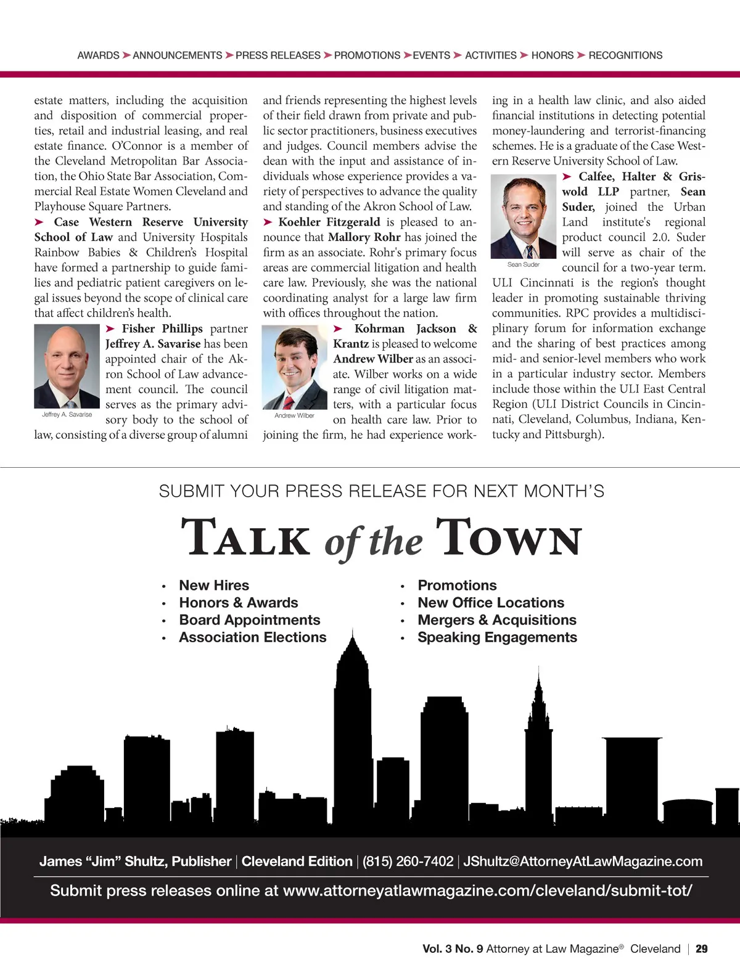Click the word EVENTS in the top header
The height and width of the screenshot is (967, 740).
click(431, 55)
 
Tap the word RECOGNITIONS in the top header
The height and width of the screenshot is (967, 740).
click(625, 55)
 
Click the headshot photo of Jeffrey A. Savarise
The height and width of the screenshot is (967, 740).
click(67, 366)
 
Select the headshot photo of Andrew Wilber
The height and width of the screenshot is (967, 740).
click(295, 367)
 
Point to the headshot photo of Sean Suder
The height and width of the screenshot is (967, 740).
click(524, 217)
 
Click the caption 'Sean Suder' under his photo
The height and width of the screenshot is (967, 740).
click(524, 264)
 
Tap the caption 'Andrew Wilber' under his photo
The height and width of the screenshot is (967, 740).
click(294, 415)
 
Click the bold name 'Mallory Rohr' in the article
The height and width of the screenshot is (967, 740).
click(364, 237)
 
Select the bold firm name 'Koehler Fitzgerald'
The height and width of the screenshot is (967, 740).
click(329, 222)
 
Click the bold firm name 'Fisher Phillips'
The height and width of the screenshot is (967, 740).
click(162, 328)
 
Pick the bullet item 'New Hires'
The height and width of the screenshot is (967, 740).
click(214, 586)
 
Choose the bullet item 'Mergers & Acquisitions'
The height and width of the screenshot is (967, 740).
click(497, 620)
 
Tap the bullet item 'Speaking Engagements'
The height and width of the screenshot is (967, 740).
click(497, 637)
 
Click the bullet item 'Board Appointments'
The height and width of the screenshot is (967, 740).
click(250, 620)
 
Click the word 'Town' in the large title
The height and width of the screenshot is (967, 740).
click(508, 537)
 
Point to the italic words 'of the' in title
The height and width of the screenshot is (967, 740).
click(374, 542)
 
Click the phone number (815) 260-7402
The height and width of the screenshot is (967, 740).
click(408, 862)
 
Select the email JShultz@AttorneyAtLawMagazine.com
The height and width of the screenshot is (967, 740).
click(583, 862)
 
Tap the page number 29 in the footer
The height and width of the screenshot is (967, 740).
click(702, 949)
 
